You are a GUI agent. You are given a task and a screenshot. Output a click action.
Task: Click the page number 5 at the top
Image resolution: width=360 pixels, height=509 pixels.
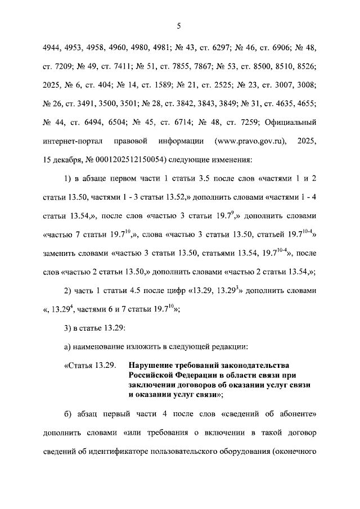click(x=179, y=25)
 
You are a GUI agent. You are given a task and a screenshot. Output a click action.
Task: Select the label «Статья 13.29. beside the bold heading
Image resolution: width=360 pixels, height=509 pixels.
click(x=90, y=367)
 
